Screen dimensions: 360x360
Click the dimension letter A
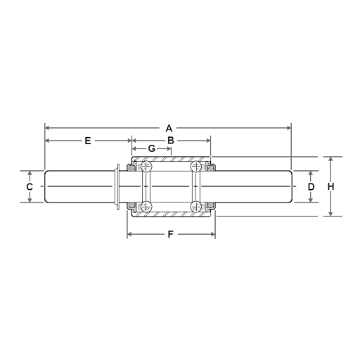[169, 129]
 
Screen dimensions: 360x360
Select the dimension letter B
[170, 141]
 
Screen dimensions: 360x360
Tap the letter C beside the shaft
[30, 187]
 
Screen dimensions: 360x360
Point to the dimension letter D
[311, 187]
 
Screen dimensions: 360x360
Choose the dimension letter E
[88, 141]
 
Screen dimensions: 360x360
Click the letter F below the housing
[170, 235]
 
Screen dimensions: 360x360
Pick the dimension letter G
[152, 149]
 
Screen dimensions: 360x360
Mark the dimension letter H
[330, 186]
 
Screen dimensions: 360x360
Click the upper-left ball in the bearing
[146, 167]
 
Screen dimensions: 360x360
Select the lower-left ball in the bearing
[146, 206]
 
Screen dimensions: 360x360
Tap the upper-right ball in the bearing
[196, 167]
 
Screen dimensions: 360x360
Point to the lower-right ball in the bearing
[196, 206]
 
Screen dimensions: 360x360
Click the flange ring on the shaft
[117, 186]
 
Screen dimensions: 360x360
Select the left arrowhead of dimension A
[47, 128]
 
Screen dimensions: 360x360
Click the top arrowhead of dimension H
[330, 159]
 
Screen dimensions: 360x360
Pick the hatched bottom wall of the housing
[171, 214]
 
